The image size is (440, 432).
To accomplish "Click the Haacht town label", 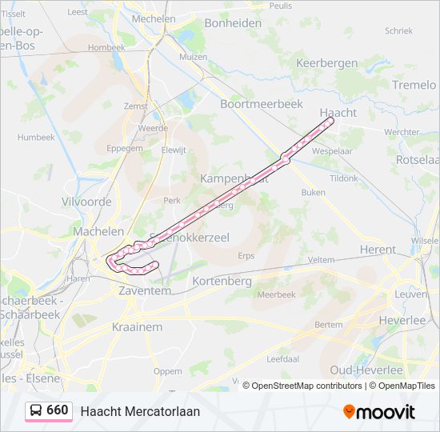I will click(x=338, y=113).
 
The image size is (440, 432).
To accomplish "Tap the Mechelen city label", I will click(x=154, y=18).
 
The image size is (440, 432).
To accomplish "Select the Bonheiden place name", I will click(x=233, y=23).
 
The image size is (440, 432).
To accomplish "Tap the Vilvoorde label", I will click(x=86, y=202).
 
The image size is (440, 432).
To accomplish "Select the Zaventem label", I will click(x=145, y=291).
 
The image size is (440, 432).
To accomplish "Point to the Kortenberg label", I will click(x=222, y=282).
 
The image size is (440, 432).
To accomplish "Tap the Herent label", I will click(x=377, y=250).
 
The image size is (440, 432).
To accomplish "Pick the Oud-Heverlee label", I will click(x=366, y=370).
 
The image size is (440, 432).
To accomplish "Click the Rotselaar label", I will click(x=417, y=160).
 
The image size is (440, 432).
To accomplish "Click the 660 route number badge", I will click(x=57, y=410).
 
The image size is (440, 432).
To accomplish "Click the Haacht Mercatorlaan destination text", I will click(x=140, y=411).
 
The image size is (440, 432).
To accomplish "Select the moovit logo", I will click(x=379, y=411).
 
